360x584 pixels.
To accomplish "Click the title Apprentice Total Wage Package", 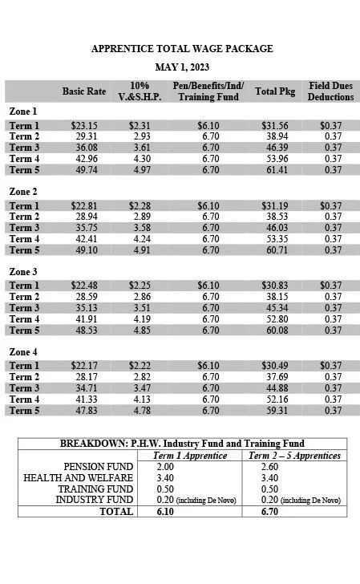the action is click(182, 49).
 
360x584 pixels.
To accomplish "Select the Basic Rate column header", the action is click(84, 91).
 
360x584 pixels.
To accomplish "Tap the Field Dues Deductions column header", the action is click(331, 91).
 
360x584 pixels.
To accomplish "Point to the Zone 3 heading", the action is click(23, 271).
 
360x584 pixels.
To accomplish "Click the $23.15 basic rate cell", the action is click(84, 126).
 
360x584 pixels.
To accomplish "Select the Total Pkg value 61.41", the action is click(275, 170).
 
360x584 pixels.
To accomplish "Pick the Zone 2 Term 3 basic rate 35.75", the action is click(84, 228).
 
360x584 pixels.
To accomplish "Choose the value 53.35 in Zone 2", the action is click(275, 239).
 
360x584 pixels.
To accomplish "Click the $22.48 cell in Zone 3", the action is click(84, 286).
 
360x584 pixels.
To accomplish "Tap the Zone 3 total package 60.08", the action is click(275, 331).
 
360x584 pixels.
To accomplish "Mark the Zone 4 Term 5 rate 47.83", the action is click(84, 411).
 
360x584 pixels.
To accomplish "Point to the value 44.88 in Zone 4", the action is click(275, 388).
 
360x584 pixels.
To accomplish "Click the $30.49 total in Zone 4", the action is click(275, 366).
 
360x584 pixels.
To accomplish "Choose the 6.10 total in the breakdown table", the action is click(168, 512).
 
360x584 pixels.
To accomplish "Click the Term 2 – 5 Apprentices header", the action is click(295, 455).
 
